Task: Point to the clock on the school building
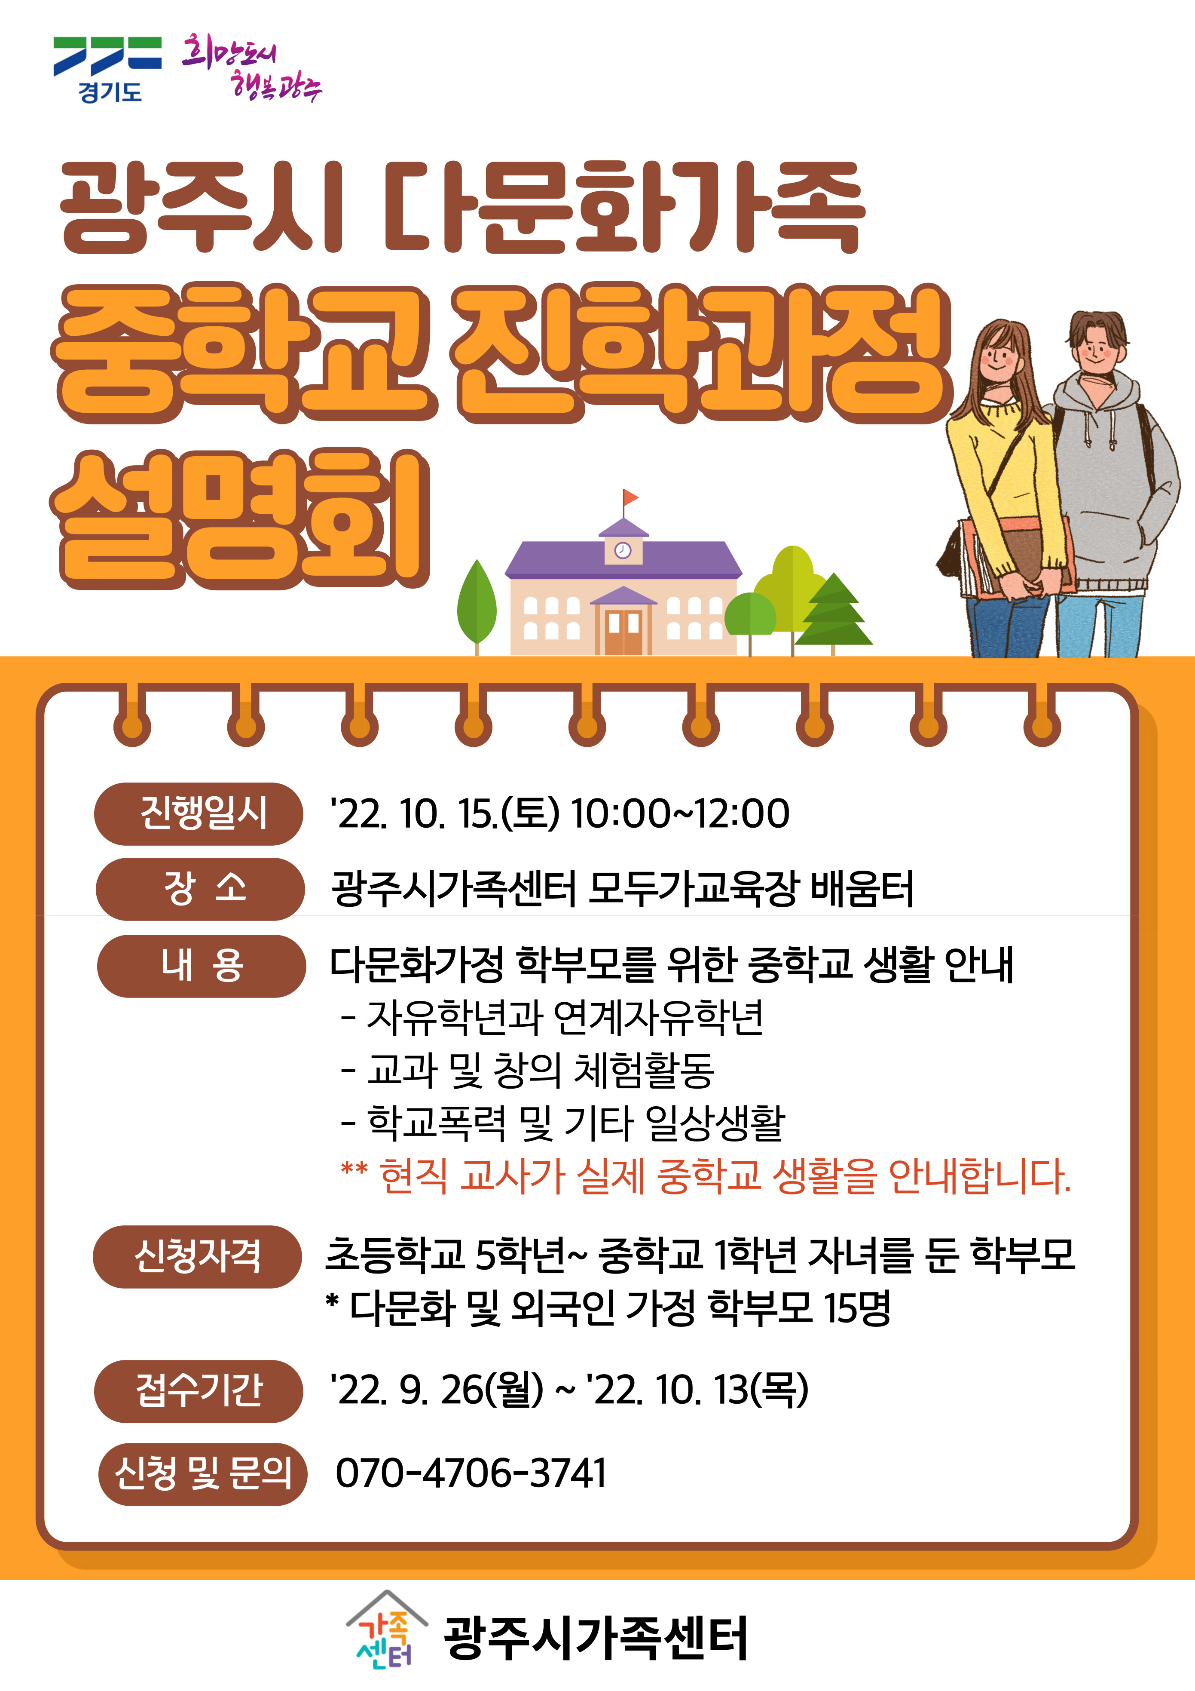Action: (x=623, y=550)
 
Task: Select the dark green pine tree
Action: (x=834, y=611)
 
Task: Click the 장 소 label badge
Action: (x=200, y=889)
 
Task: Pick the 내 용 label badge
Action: (x=201, y=966)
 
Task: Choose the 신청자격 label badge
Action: (x=197, y=1256)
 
